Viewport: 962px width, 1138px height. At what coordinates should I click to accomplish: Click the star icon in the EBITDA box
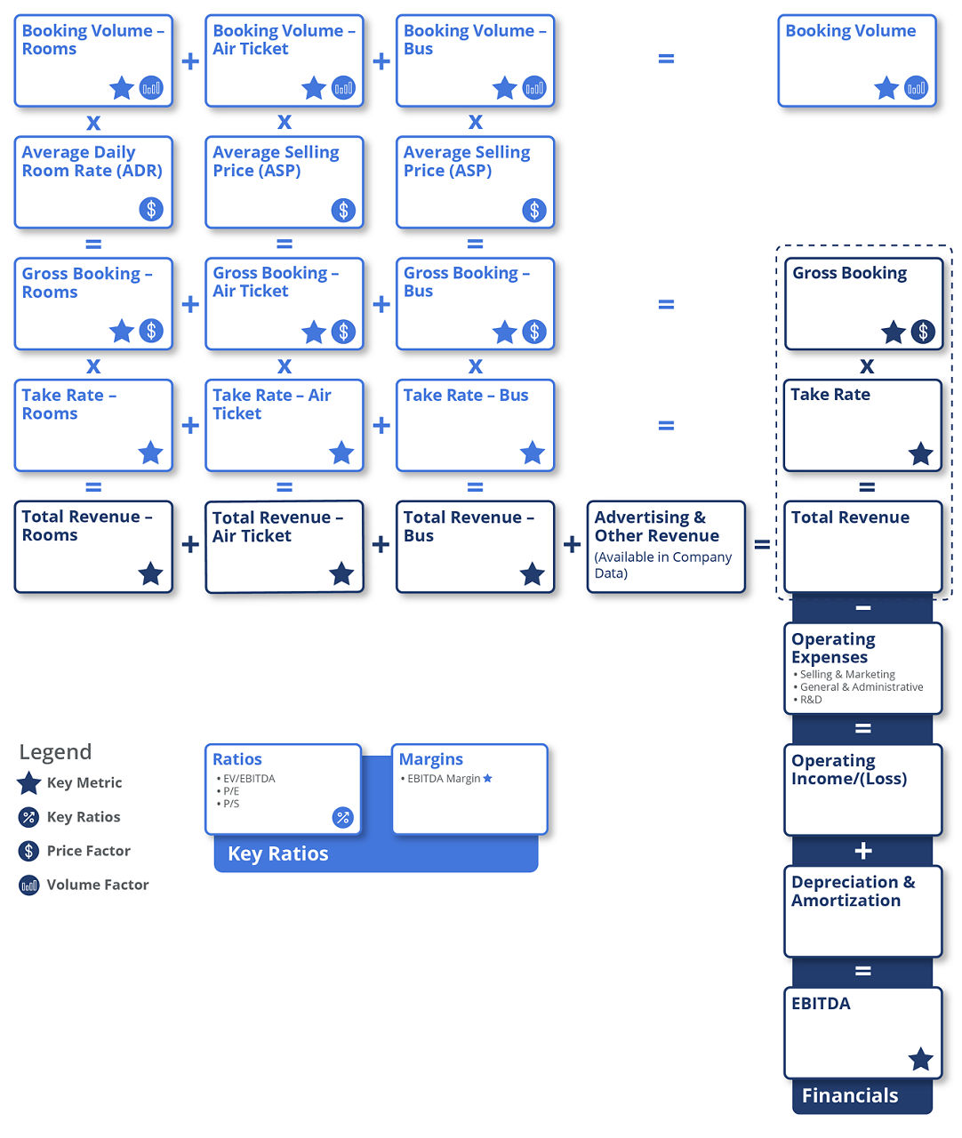click(920, 1059)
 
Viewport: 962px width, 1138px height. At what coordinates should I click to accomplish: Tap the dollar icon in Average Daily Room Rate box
click(151, 210)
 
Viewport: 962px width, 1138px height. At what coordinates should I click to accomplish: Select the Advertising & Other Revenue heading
click(656, 526)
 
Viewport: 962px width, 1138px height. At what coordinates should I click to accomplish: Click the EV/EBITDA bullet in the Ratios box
click(248, 779)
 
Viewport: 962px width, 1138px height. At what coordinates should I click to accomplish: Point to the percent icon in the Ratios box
click(342, 817)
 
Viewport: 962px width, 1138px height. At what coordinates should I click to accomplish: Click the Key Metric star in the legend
click(29, 783)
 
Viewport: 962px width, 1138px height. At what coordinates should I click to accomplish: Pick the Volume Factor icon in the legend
click(29, 886)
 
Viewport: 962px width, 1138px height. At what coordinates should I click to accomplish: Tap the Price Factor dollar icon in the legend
click(29, 851)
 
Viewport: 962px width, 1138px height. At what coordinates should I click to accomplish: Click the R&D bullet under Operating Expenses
click(810, 700)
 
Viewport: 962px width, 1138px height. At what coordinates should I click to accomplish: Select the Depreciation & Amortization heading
click(853, 891)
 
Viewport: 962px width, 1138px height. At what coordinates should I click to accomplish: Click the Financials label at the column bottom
click(850, 1095)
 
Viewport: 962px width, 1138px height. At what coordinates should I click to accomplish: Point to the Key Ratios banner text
click(278, 853)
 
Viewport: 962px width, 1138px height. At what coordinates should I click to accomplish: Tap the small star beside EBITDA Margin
click(487, 779)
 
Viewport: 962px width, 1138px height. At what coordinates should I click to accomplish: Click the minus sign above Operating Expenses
click(862, 608)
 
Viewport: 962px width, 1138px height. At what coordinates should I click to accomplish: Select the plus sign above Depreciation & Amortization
click(862, 851)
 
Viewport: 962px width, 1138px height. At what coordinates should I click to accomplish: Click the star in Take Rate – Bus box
click(532, 453)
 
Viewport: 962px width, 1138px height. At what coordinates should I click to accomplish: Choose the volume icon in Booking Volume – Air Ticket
click(343, 88)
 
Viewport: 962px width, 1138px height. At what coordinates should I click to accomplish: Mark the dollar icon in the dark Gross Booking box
click(923, 333)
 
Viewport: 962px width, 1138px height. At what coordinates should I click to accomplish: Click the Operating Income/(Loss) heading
click(848, 770)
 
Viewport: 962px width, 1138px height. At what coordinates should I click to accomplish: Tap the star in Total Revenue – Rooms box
click(150, 573)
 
